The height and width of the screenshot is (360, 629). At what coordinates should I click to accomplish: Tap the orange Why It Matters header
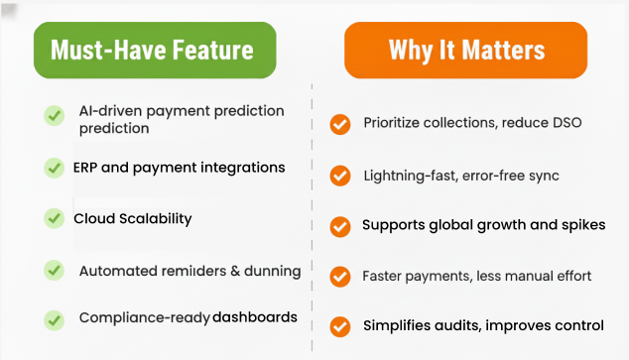click(x=465, y=50)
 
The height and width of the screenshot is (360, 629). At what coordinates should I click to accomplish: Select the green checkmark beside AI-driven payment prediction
click(x=55, y=116)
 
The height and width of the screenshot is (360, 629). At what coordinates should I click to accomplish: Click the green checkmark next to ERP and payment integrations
click(x=55, y=168)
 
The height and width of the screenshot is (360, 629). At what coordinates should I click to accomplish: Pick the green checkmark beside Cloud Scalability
click(x=55, y=218)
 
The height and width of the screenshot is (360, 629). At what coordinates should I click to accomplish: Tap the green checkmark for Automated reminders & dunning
click(x=55, y=270)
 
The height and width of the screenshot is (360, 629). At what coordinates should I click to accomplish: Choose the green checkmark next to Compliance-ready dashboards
click(x=55, y=319)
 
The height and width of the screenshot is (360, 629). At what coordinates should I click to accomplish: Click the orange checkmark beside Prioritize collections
click(x=340, y=124)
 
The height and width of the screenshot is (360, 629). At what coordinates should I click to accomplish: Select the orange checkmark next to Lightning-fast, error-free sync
click(x=340, y=176)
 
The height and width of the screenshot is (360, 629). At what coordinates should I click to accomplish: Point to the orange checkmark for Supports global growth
click(x=340, y=225)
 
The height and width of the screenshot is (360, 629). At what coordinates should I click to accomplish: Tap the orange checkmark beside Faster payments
click(x=340, y=276)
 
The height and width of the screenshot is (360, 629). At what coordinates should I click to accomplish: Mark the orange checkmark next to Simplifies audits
click(x=340, y=325)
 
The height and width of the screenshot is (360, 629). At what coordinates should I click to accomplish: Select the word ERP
click(x=85, y=167)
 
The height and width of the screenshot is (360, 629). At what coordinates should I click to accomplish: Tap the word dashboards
click(x=255, y=318)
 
